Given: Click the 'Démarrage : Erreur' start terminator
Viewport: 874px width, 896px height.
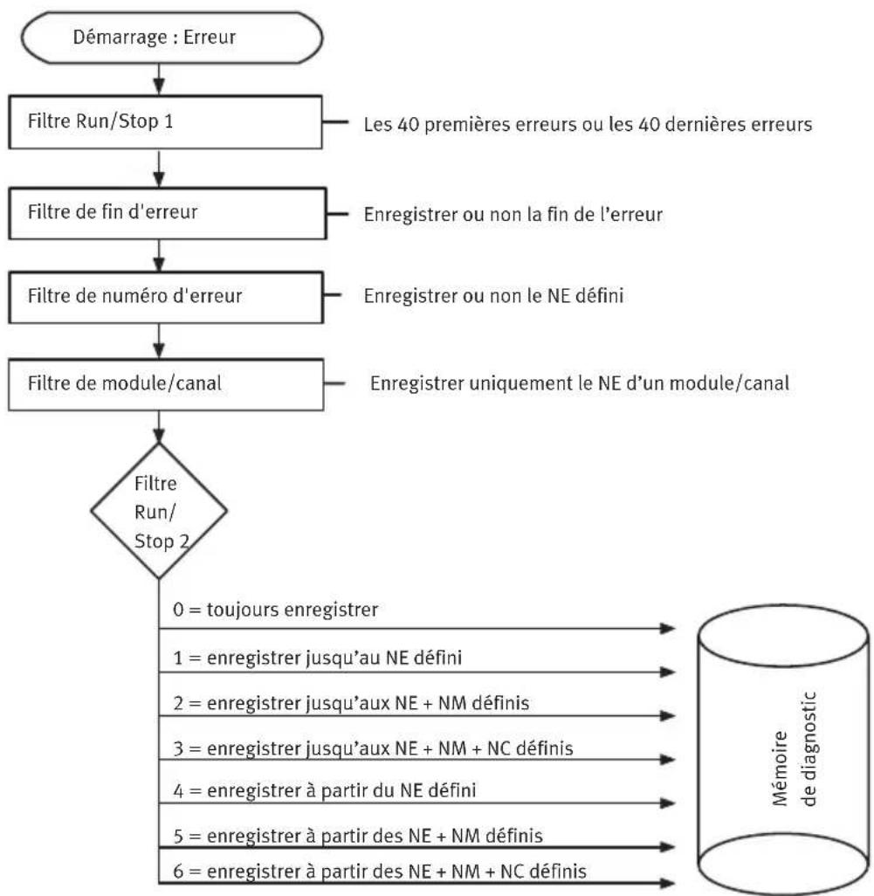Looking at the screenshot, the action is point(171,38).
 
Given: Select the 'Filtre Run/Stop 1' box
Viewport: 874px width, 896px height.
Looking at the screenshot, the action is point(166,122).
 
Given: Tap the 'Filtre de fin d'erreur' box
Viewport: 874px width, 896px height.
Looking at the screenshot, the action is point(168,213).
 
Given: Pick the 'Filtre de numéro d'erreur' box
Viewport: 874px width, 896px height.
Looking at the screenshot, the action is point(166,297).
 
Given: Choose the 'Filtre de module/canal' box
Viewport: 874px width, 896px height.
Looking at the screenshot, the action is point(166,384).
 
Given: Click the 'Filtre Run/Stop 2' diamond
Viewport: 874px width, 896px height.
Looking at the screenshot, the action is point(159,511).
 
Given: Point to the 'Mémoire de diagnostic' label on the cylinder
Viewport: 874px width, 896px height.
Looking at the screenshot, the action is point(794,748).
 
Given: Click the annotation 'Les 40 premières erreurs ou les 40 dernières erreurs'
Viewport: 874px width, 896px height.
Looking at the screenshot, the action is point(588,124).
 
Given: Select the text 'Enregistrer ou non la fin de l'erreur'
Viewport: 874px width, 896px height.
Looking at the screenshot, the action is point(513,214).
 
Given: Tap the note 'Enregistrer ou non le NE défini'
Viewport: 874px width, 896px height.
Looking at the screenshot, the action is point(493,295).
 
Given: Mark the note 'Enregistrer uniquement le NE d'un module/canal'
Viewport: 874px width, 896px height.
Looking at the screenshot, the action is point(580,383).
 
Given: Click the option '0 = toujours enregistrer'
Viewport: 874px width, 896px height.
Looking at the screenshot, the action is point(275,610).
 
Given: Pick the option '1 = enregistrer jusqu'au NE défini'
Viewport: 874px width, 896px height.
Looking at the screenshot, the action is point(318,658).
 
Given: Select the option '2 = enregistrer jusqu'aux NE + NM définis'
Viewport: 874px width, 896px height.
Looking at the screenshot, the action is point(351,703).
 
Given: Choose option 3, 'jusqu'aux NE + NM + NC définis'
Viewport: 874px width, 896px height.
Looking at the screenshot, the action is point(373,748).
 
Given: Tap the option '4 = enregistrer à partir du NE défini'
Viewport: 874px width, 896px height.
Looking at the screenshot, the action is point(325,791).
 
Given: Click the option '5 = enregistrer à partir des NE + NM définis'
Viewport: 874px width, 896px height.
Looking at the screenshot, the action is point(358,836).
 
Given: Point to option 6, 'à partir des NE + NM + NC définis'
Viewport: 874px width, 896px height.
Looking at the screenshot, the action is point(380,872).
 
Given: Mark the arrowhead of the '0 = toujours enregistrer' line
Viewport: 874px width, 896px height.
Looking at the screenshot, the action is point(668,629).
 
